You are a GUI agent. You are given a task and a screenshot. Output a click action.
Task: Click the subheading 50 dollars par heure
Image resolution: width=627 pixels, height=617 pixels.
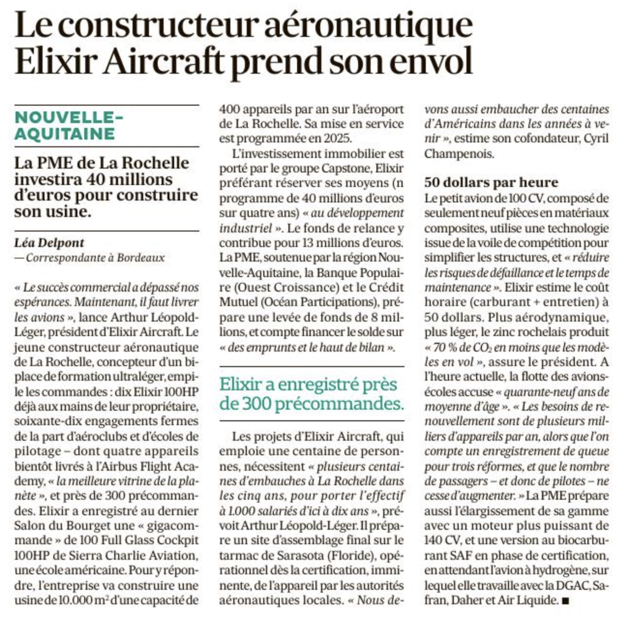click(x=491, y=183)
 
